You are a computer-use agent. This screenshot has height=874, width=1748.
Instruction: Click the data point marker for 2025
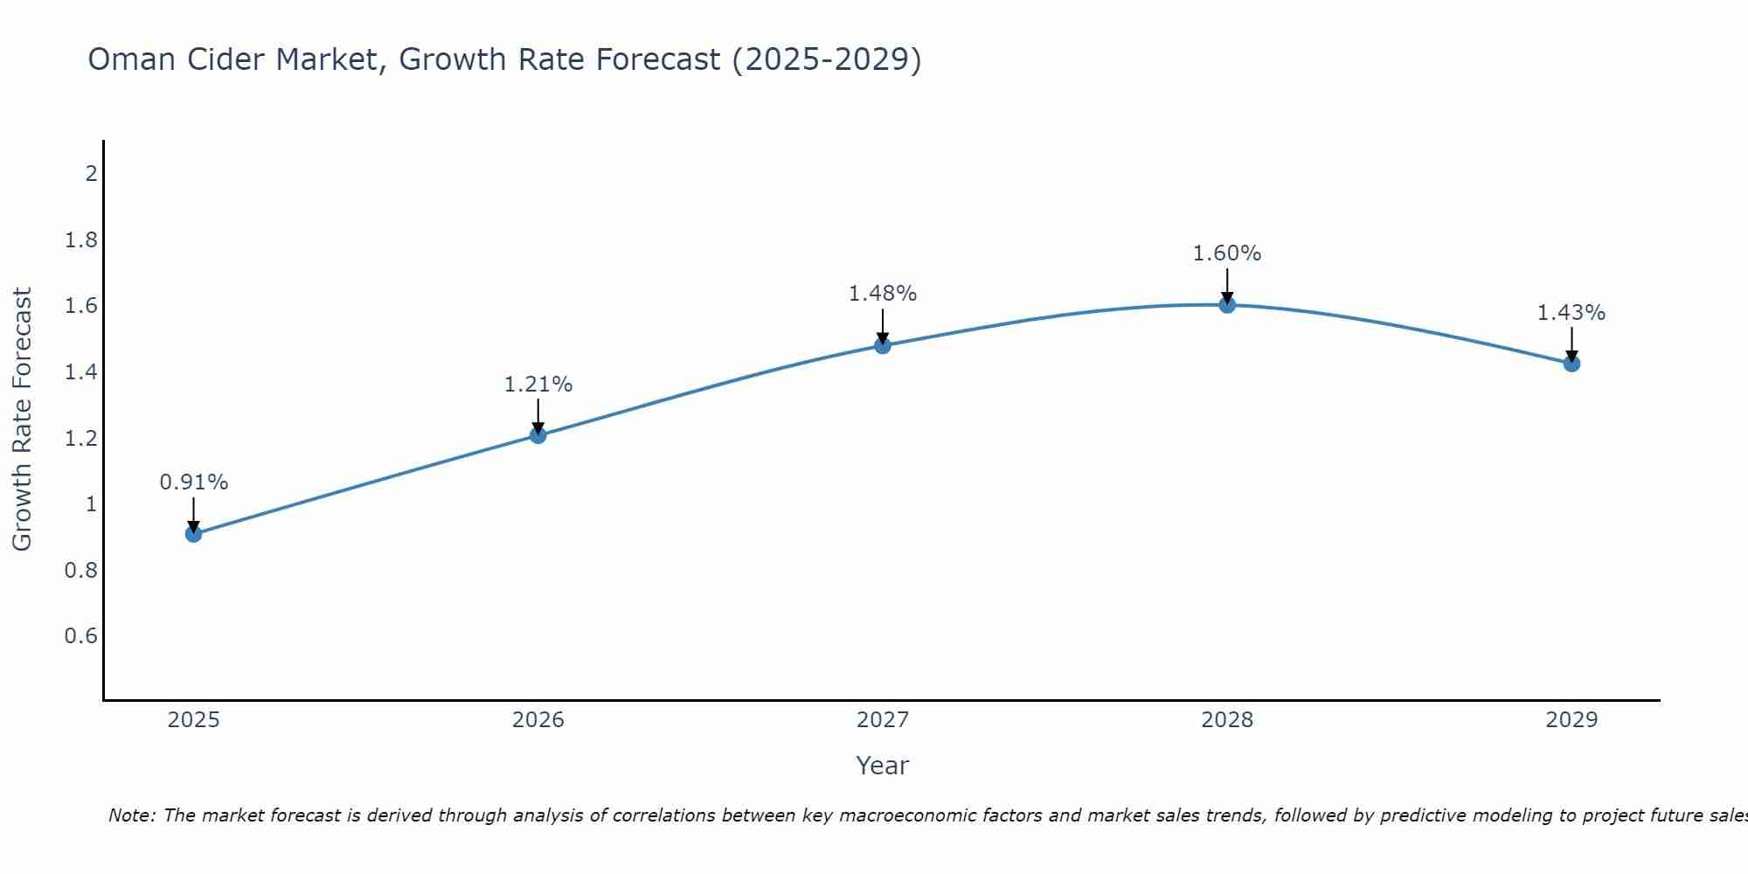point(194,534)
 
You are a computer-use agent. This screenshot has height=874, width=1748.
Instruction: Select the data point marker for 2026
point(538,435)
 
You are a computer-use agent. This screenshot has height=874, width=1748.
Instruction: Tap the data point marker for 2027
point(883,345)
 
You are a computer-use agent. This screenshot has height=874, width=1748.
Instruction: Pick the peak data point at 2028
point(1227,305)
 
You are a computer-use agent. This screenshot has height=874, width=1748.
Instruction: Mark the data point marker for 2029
point(1571,364)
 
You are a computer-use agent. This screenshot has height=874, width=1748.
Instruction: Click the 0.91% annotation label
point(194,482)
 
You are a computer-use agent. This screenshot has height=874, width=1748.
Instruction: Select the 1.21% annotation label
point(538,385)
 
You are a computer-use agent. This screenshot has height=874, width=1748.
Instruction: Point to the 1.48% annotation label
point(883,294)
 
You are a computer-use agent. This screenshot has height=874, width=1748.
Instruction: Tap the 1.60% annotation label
point(1227,253)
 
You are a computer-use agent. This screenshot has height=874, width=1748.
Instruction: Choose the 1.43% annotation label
point(1571,313)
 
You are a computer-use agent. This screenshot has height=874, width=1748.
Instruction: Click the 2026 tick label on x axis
point(538,720)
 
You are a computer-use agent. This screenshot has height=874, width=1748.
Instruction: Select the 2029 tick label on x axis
point(1571,720)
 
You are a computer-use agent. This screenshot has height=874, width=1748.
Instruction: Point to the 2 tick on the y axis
point(91,173)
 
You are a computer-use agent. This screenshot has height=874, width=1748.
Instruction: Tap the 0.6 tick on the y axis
point(80,635)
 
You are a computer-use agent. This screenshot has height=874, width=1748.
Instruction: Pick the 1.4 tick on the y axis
point(80,371)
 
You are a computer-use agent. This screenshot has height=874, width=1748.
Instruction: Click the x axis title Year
point(883,766)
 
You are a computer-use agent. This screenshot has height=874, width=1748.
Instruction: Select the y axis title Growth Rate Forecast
point(22,420)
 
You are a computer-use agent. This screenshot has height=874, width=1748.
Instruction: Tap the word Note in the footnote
point(131,815)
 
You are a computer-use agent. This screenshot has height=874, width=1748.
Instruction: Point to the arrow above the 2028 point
point(1227,285)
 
